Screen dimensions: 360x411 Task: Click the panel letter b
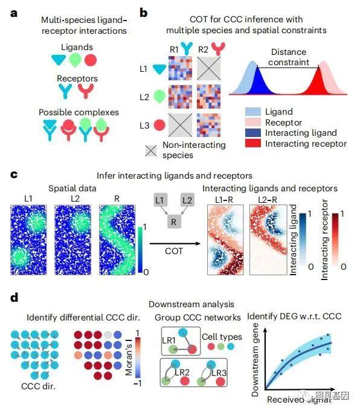144,13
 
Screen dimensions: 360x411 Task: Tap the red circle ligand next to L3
159,125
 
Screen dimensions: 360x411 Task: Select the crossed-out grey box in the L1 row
208,68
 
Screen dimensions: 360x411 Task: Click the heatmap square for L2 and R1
180,97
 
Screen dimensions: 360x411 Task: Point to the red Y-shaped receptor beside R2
218,48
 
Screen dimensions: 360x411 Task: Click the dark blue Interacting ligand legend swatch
253,133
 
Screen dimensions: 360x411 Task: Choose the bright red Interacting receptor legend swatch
253,143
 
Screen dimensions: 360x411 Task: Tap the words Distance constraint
289,57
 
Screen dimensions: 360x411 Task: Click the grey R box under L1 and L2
173,222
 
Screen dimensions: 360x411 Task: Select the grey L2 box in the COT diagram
187,200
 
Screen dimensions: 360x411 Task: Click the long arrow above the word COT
175,243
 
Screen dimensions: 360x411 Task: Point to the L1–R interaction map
225,240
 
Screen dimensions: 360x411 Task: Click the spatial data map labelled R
117,240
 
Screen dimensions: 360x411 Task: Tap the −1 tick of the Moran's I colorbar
138,383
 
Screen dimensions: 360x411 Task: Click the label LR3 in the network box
219,372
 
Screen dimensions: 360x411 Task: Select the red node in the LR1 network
192,349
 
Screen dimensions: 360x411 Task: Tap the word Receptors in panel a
77,78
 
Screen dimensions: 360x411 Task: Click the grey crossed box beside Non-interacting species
151,151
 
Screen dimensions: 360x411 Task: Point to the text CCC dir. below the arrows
38,386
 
